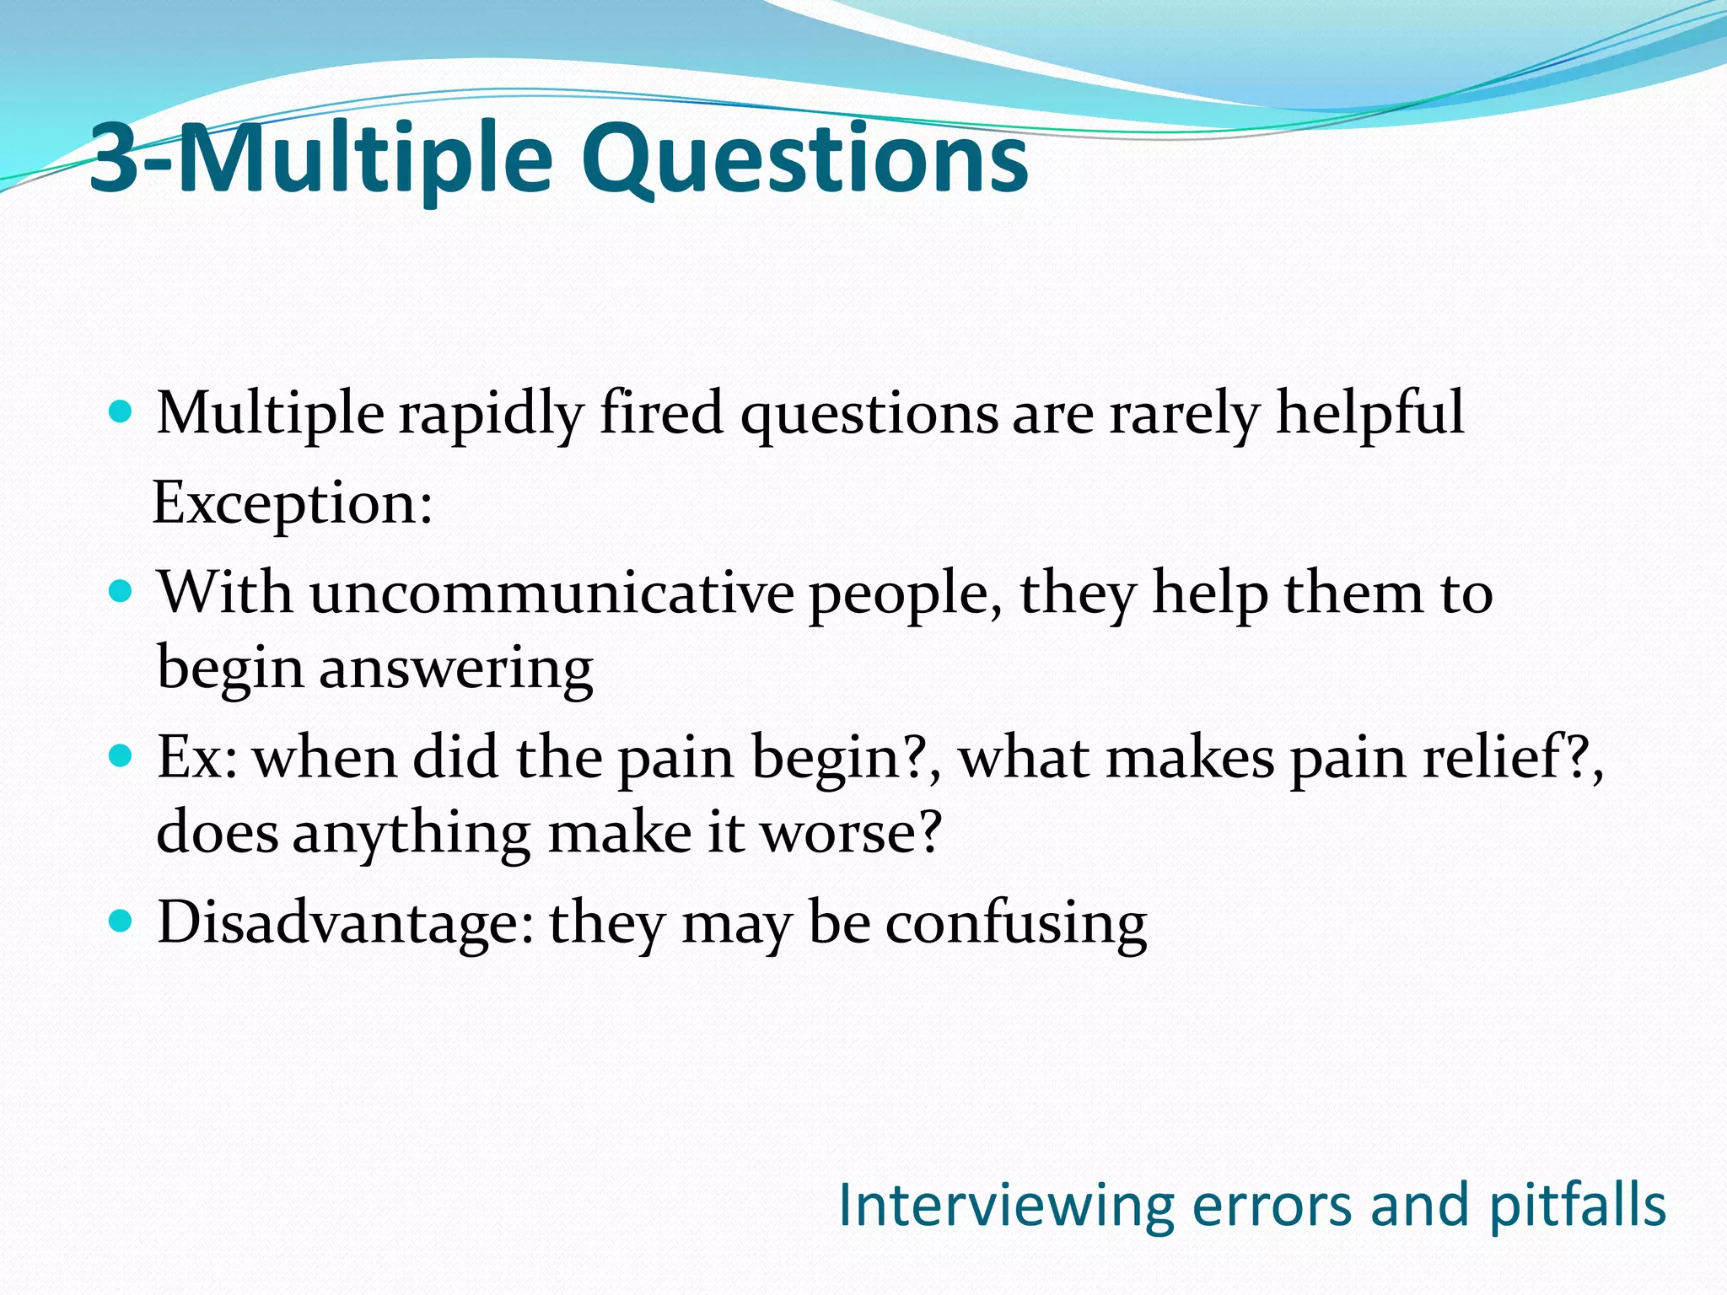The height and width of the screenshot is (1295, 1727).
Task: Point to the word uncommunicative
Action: tap(551, 593)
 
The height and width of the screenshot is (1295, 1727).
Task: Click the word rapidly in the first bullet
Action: tap(492, 414)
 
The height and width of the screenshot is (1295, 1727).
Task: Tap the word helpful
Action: tap(1369, 414)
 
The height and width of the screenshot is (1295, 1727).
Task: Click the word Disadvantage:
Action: tap(346, 922)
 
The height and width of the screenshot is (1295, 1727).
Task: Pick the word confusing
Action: tap(1015, 922)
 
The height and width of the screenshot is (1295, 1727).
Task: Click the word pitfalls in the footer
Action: tap(1577, 1206)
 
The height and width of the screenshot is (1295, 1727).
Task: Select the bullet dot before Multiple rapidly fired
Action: tap(121, 413)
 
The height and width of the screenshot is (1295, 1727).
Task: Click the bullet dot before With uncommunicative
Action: tap(121, 592)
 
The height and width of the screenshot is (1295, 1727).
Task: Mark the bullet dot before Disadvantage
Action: tap(121, 921)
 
